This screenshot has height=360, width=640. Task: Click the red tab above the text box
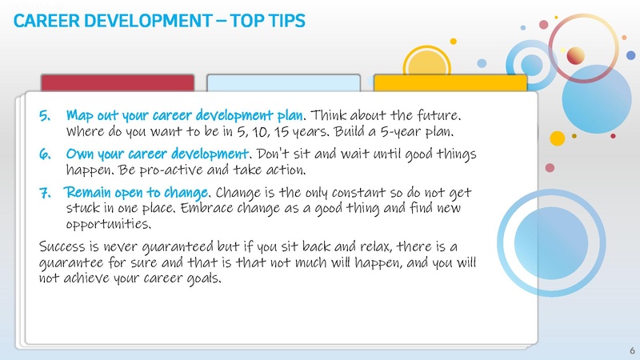[118, 83]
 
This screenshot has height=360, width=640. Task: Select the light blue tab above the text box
[284, 83]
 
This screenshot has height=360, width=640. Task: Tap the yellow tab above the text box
[450, 83]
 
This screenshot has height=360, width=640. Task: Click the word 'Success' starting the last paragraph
[65, 244]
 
